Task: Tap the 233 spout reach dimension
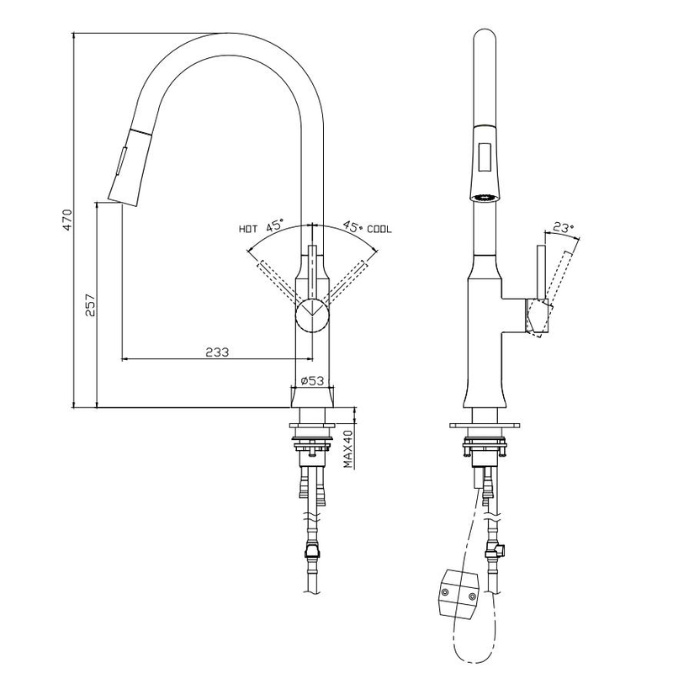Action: click(x=217, y=352)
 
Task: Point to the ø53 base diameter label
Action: click(x=313, y=381)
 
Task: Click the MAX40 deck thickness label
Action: click(x=346, y=450)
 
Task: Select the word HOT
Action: click(x=248, y=229)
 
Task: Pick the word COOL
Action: click(x=379, y=229)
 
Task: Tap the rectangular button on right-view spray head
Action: click(x=484, y=157)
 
